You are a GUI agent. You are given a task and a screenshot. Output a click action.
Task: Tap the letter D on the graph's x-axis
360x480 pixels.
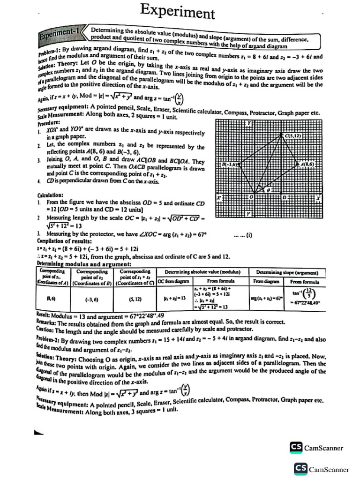[x=284, y=197]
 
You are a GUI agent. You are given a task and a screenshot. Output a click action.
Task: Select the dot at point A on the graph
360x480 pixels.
[x=298, y=165]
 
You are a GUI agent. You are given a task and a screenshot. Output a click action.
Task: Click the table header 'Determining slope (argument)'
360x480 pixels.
[x=287, y=272]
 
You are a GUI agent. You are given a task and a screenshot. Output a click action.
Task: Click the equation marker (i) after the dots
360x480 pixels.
[x=247, y=236]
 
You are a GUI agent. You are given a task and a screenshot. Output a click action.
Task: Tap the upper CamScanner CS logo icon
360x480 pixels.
[x=296, y=447]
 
